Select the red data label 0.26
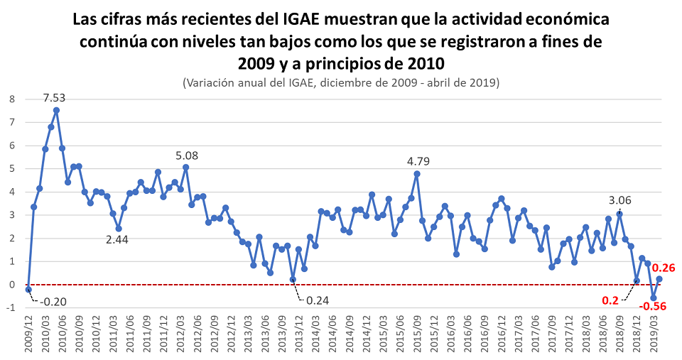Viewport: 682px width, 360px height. (x=664, y=268)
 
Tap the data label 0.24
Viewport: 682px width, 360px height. (x=317, y=300)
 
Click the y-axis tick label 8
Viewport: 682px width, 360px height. (x=11, y=99)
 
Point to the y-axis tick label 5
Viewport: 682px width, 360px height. (x=11, y=168)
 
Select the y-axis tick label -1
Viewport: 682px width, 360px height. (x=10, y=307)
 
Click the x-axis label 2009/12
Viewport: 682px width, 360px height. (x=28, y=334)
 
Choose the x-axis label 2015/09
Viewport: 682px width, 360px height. (x=417, y=334)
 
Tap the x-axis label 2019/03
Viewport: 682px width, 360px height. (x=654, y=334)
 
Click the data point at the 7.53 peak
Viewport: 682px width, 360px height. (x=56, y=110)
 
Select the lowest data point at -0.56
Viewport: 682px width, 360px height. (x=654, y=298)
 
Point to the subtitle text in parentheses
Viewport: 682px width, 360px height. (x=341, y=82)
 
